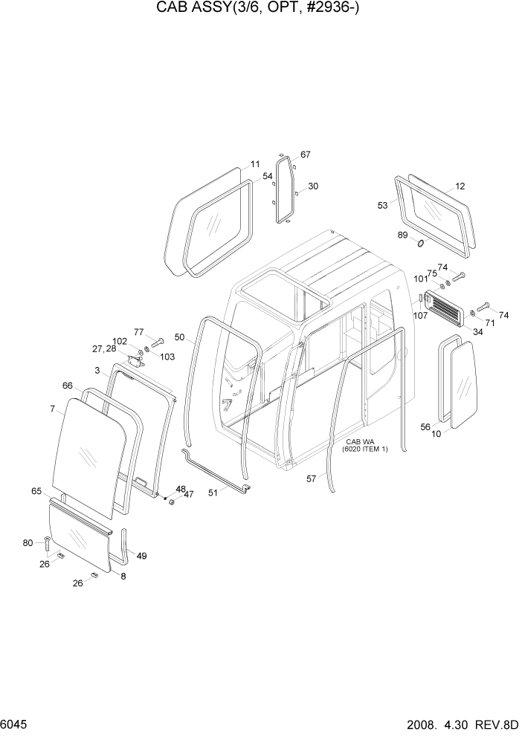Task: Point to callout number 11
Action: tap(254, 164)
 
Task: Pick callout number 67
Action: tap(305, 155)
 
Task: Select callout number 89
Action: tap(402, 235)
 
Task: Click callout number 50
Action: tap(179, 337)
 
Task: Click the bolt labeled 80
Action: tap(47, 545)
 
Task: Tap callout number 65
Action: tap(36, 491)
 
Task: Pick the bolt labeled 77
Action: tap(157, 342)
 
